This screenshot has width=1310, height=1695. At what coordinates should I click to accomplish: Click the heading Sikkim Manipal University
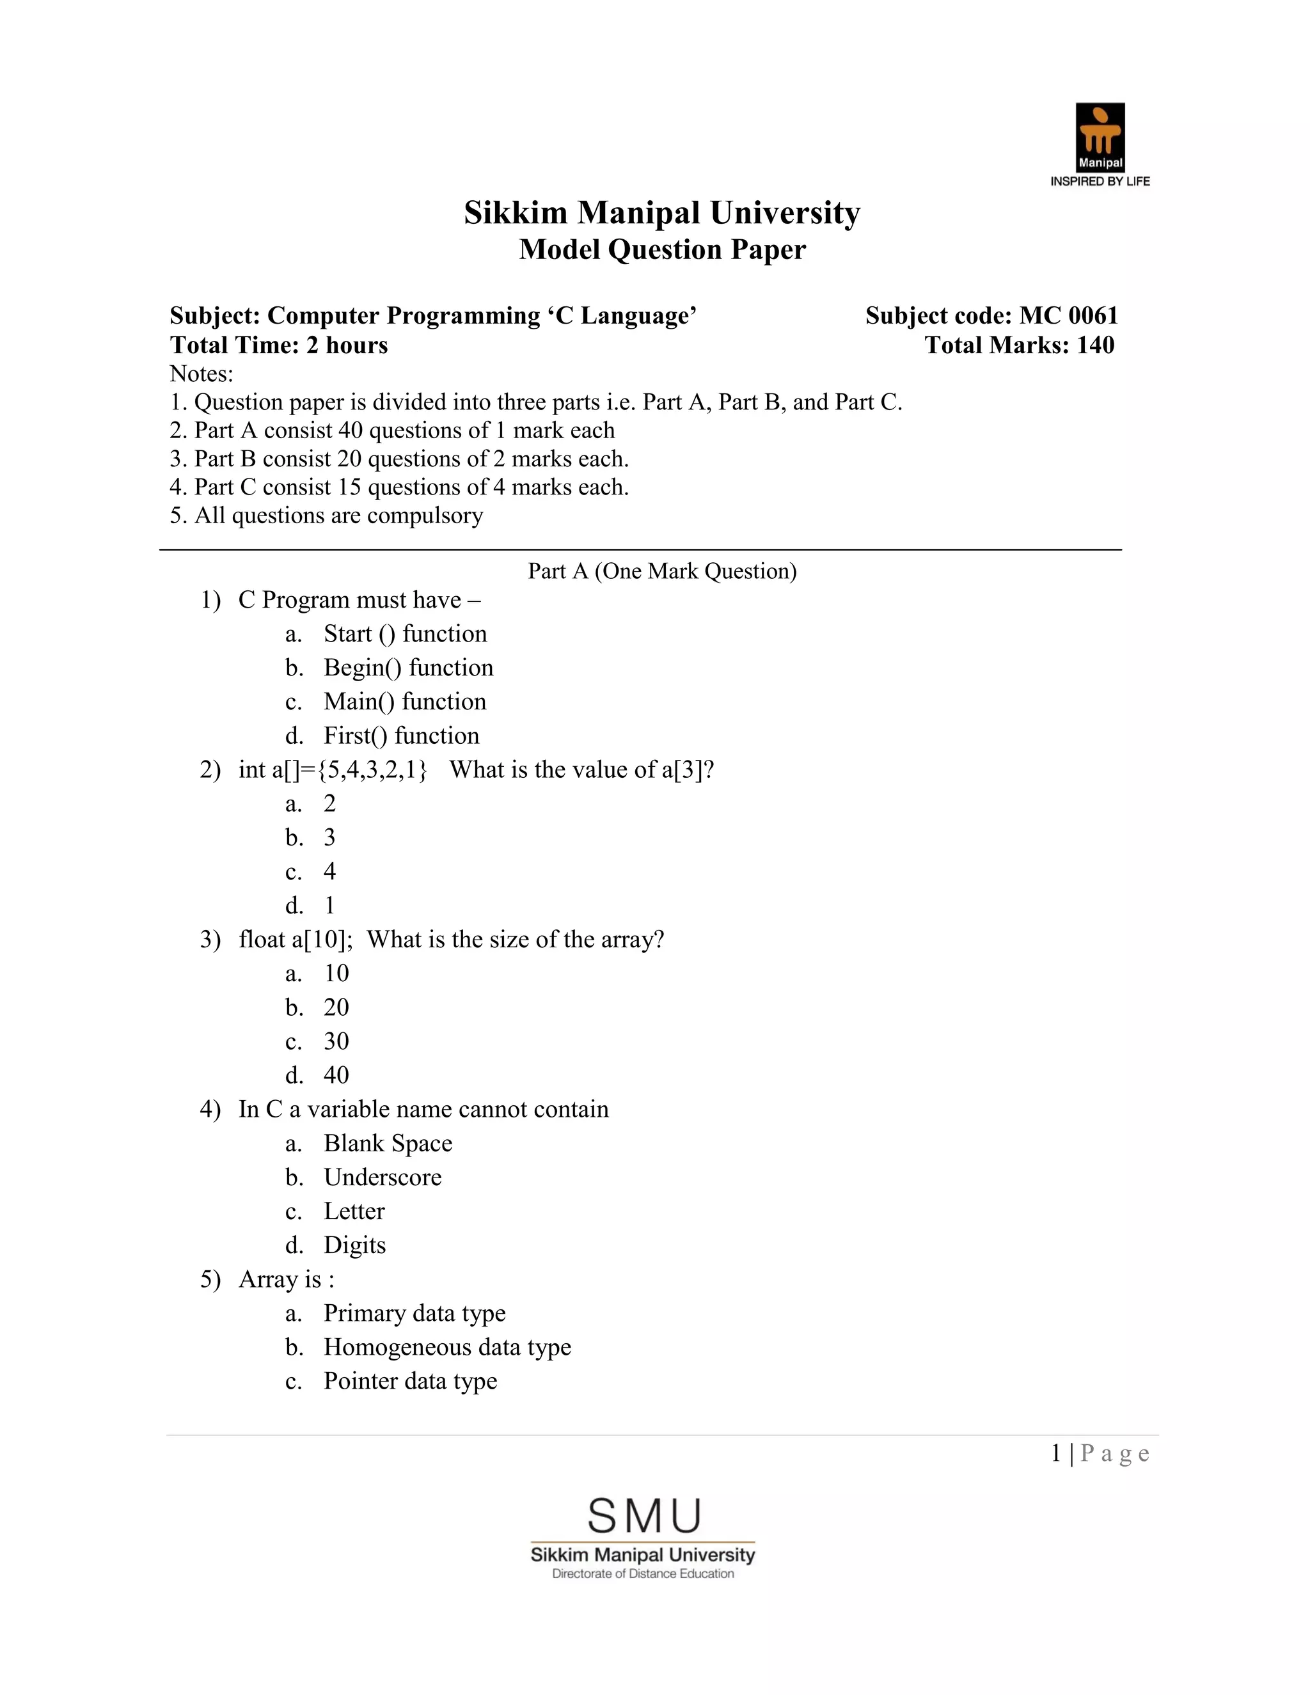[x=662, y=212]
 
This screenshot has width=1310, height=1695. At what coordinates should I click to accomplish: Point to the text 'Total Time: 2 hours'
[x=279, y=345]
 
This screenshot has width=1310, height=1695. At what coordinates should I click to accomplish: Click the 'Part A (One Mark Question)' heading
[x=662, y=571]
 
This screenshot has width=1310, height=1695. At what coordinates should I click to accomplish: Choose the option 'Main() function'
[x=404, y=702]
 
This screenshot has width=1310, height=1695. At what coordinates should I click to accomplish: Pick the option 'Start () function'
[x=405, y=634]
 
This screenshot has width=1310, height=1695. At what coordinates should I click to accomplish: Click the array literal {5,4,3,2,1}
[x=372, y=770]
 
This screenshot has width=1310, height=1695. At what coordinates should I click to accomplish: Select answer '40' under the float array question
[x=336, y=1075]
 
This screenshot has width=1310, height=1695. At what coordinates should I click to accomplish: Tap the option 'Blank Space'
[x=387, y=1143]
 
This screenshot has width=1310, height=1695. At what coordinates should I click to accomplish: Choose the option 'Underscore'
[x=383, y=1178]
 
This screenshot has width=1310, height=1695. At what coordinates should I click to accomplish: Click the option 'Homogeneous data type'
[x=447, y=1347]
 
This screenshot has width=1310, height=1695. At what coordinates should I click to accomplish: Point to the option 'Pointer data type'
[x=410, y=1382]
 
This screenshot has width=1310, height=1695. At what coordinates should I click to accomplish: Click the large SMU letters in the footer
[x=644, y=1517]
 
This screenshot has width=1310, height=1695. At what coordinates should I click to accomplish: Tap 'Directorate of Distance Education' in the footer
[x=643, y=1574]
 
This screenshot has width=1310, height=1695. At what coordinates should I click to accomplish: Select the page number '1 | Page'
[x=1100, y=1454]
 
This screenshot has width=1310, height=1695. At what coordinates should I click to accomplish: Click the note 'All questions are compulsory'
[x=338, y=516]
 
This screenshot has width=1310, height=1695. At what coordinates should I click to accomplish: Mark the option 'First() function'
[x=401, y=736]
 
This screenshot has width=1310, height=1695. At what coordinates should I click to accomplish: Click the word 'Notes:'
[x=201, y=374]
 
